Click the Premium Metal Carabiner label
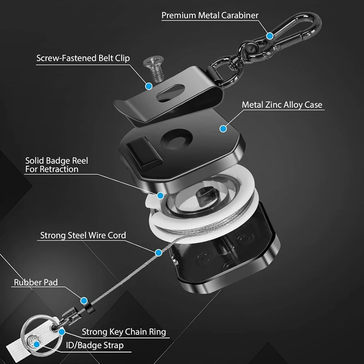pos(210,15)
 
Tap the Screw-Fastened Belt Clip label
pos(83,58)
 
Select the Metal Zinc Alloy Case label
pos(282,105)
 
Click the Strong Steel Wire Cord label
pos(83,235)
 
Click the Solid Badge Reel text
pos(56,165)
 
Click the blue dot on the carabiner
pos(270,35)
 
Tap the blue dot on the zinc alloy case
pos(223,129)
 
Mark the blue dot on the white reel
pos(160,195)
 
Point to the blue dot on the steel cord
pos(158,252)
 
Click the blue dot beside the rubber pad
pos(84,300)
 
